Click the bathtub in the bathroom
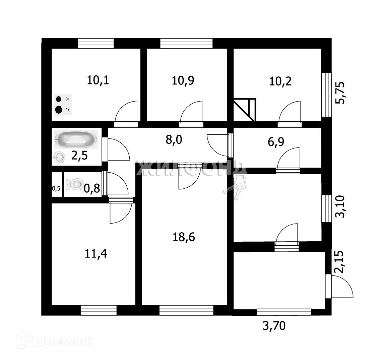click(x=76, y=139)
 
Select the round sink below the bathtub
click(x=59, y=157)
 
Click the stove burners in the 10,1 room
click(x=63, y=104)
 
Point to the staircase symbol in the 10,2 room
click(x=245, y=109)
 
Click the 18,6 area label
click(x=184, y=237)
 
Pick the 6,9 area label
click(x=276, y=142)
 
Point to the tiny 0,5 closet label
click(x=56, y=188)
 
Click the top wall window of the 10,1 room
click(x=96, y=44)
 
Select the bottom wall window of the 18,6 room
click(x=186, y=310)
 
